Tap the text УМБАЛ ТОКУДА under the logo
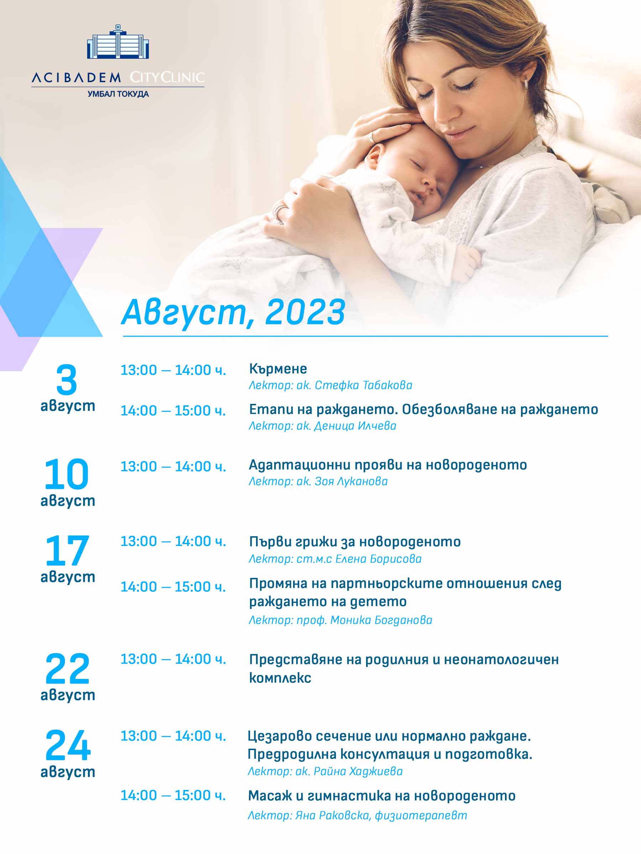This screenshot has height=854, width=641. tap(118, 94)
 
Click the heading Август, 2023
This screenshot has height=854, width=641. tap(233, 313)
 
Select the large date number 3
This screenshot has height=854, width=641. tap(67, 380)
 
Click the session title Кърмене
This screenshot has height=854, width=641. tap(278, 369)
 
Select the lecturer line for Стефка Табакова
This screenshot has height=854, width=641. tap(330, 385)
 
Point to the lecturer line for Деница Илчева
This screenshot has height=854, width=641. tap(322, 426)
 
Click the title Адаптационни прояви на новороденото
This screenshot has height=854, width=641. tap(388, 465)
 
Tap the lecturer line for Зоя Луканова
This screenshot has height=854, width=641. tap(318, 481)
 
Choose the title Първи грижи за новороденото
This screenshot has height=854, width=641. tap(355, 542)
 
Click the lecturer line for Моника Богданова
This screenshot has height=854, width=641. tap(340, 620)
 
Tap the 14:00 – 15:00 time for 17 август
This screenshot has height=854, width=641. tap(173, 587)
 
